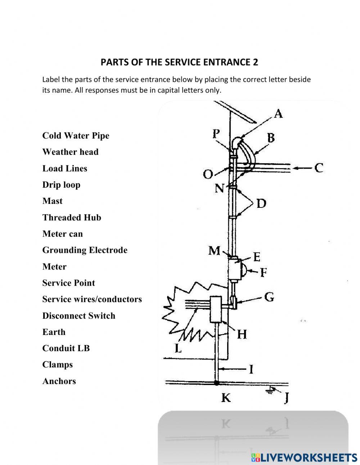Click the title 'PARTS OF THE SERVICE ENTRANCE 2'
[179, 62]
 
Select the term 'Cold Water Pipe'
[76, 135]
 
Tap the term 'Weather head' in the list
[70, 152]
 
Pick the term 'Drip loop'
[61, 185]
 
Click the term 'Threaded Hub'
[72, 218]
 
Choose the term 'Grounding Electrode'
[85, 250]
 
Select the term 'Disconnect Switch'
[79, 316]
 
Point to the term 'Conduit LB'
[66, 348]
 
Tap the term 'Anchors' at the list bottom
[59, 381]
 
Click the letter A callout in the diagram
[278, 114]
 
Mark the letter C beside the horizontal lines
[319, 168]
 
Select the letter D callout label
[261, 204]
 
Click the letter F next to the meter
[263, 272]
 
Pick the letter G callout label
[269, 297]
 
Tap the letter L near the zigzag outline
[178, 348]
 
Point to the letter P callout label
[216, 134]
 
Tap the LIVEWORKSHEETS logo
[304, 457]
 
